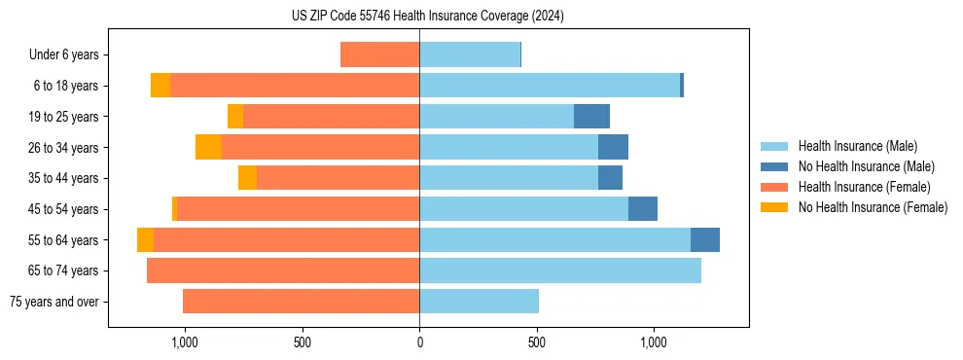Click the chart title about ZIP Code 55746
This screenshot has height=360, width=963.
428,16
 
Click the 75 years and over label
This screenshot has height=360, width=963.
53,302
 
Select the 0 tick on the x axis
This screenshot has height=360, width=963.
419,342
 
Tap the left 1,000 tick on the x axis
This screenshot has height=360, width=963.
185,342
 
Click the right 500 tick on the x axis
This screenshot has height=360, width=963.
536,342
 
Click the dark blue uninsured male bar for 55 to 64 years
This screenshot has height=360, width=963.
705,239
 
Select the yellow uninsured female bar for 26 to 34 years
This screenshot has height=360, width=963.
208,147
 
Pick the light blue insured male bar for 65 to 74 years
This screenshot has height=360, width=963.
560,270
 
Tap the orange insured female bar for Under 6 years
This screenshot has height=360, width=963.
379,54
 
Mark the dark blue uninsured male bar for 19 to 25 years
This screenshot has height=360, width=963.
591,117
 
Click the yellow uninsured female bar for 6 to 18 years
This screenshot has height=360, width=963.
160,86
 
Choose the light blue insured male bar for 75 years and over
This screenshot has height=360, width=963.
479,302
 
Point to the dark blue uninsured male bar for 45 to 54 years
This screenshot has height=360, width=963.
643,209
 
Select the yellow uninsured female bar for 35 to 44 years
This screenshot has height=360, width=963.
247,178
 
